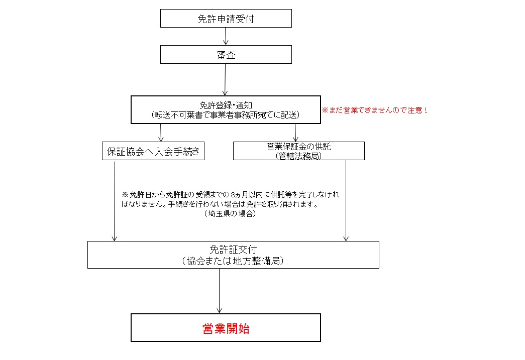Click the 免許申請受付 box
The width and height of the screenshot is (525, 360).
[226, 19]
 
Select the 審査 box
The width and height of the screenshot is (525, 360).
[226, 55]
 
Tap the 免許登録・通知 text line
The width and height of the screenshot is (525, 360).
[226, 105]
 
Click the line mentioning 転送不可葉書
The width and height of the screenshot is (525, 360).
[226, 115]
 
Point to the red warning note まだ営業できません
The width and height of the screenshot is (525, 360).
[375, 110]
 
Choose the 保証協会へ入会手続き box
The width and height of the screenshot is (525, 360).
[153, 151]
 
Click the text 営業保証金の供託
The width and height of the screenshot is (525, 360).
[298, 147]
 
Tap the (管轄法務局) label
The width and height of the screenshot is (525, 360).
[298, 156]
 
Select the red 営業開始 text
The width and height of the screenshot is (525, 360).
[226, 328]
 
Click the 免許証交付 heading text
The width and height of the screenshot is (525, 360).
[233, 250]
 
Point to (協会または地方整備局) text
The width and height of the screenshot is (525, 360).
[233, 261]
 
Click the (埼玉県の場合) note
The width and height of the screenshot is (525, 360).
[230, 213]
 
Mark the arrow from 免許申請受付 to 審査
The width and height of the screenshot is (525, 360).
[226, 36]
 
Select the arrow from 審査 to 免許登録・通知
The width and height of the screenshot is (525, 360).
[225, 80]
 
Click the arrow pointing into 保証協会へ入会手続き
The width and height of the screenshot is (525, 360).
[161, 133]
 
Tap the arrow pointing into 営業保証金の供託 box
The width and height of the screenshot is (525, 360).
[295, 133]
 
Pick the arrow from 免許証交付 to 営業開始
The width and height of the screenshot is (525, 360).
[220, 291]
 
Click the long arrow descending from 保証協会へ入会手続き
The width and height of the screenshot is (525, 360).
[115, 201]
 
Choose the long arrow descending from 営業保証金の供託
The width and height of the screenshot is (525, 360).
[346, 200]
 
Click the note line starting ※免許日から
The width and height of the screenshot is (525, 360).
[231, 194]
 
